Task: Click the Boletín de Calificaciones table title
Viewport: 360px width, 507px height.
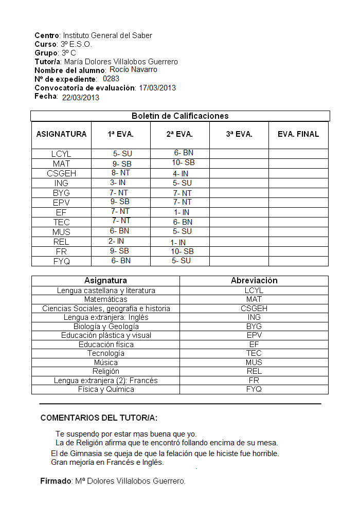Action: (x=180, y=116)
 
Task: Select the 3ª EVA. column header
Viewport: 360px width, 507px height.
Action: (x=239, y=134)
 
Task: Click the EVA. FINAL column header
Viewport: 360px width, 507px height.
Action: (x=298, y=134)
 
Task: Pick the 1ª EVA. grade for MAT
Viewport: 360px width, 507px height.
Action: (x=122, y=164)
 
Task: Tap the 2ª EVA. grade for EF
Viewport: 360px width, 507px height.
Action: (x=182, y=212)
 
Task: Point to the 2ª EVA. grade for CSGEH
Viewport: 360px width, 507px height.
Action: (x=181, y=174)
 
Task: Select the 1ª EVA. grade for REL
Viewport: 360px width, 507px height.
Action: (x=116, y=241)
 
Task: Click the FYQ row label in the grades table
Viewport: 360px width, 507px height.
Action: (x=62, y=261)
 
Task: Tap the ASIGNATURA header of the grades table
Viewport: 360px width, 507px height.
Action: (x=62, y=134)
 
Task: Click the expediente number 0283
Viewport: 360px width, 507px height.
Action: (x=111, y=79)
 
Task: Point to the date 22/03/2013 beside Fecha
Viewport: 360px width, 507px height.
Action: (x=81, y=98)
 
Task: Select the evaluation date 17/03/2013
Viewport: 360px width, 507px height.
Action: (x=157, y=88)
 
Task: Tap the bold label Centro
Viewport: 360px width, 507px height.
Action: (x=47, y=35)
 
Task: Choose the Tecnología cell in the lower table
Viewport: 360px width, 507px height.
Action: (x=106, y=353)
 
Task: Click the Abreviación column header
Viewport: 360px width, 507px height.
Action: (x=254, y=281)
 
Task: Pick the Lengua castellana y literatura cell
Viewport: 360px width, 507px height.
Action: (x=106, y=291)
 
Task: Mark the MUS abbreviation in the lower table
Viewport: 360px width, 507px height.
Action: (x=254, y=363)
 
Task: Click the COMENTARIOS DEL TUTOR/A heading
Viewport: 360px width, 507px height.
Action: (x=99, y=418)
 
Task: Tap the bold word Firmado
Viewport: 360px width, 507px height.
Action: (x=56, y=481)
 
